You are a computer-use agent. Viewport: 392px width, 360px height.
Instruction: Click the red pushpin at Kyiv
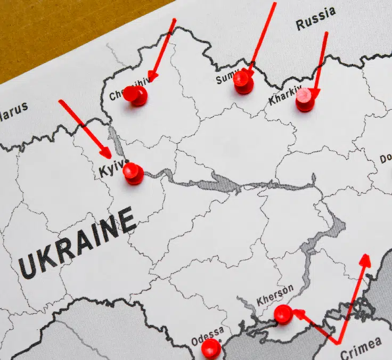(133, 173)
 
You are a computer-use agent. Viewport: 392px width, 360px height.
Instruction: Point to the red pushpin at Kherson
(283, 314)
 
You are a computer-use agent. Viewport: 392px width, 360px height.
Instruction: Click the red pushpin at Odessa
(211, 348)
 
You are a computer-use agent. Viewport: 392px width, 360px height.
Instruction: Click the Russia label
(316, 18)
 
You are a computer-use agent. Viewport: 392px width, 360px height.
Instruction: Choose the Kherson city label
(275, 296)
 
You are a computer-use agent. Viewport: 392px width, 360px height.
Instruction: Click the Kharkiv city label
(285, 95)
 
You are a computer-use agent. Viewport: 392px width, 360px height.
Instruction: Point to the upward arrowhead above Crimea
(365, 260)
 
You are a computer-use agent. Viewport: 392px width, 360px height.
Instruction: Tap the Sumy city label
(225, 79)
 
